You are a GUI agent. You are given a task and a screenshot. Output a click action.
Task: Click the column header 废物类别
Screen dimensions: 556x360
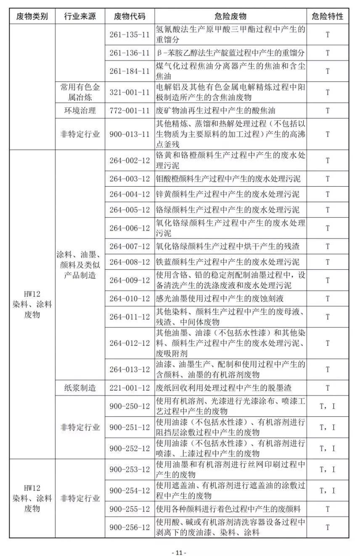click(32, 16)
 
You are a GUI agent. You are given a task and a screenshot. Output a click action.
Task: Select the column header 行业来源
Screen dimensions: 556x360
click(80, 16)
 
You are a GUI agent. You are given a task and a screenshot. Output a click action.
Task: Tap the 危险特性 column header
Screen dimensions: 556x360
click(328, 16)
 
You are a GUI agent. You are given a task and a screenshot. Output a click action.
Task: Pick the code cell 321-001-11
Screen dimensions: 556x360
click(130, 92)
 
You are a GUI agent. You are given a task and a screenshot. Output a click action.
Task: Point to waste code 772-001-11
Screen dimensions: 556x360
click(130, 111)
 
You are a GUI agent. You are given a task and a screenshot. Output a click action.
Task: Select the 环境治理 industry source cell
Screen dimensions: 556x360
click(80, 111)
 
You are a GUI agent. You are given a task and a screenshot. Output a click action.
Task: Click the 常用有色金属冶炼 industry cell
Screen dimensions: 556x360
click(80, 92)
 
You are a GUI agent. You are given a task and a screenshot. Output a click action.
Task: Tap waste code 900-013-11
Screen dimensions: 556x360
click(130, 134)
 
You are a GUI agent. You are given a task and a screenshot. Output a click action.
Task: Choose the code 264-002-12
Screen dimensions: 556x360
click(130, 160)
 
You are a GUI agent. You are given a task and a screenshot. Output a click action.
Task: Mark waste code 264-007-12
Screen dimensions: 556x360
click(130, 246)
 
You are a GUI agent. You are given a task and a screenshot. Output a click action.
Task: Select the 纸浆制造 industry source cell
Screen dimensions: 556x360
click(80, 387)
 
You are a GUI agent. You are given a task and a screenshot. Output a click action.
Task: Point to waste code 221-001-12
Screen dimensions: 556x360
click(130, 387)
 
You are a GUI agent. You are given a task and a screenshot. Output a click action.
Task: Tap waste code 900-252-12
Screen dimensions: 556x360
click(130, 448)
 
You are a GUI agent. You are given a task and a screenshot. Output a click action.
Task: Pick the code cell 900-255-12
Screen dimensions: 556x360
click(130, 509)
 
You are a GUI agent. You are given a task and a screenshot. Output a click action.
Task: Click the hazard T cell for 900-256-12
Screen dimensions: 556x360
click(328, 527)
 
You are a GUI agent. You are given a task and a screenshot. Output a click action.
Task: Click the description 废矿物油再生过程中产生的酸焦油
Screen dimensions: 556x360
click(215, 111)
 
